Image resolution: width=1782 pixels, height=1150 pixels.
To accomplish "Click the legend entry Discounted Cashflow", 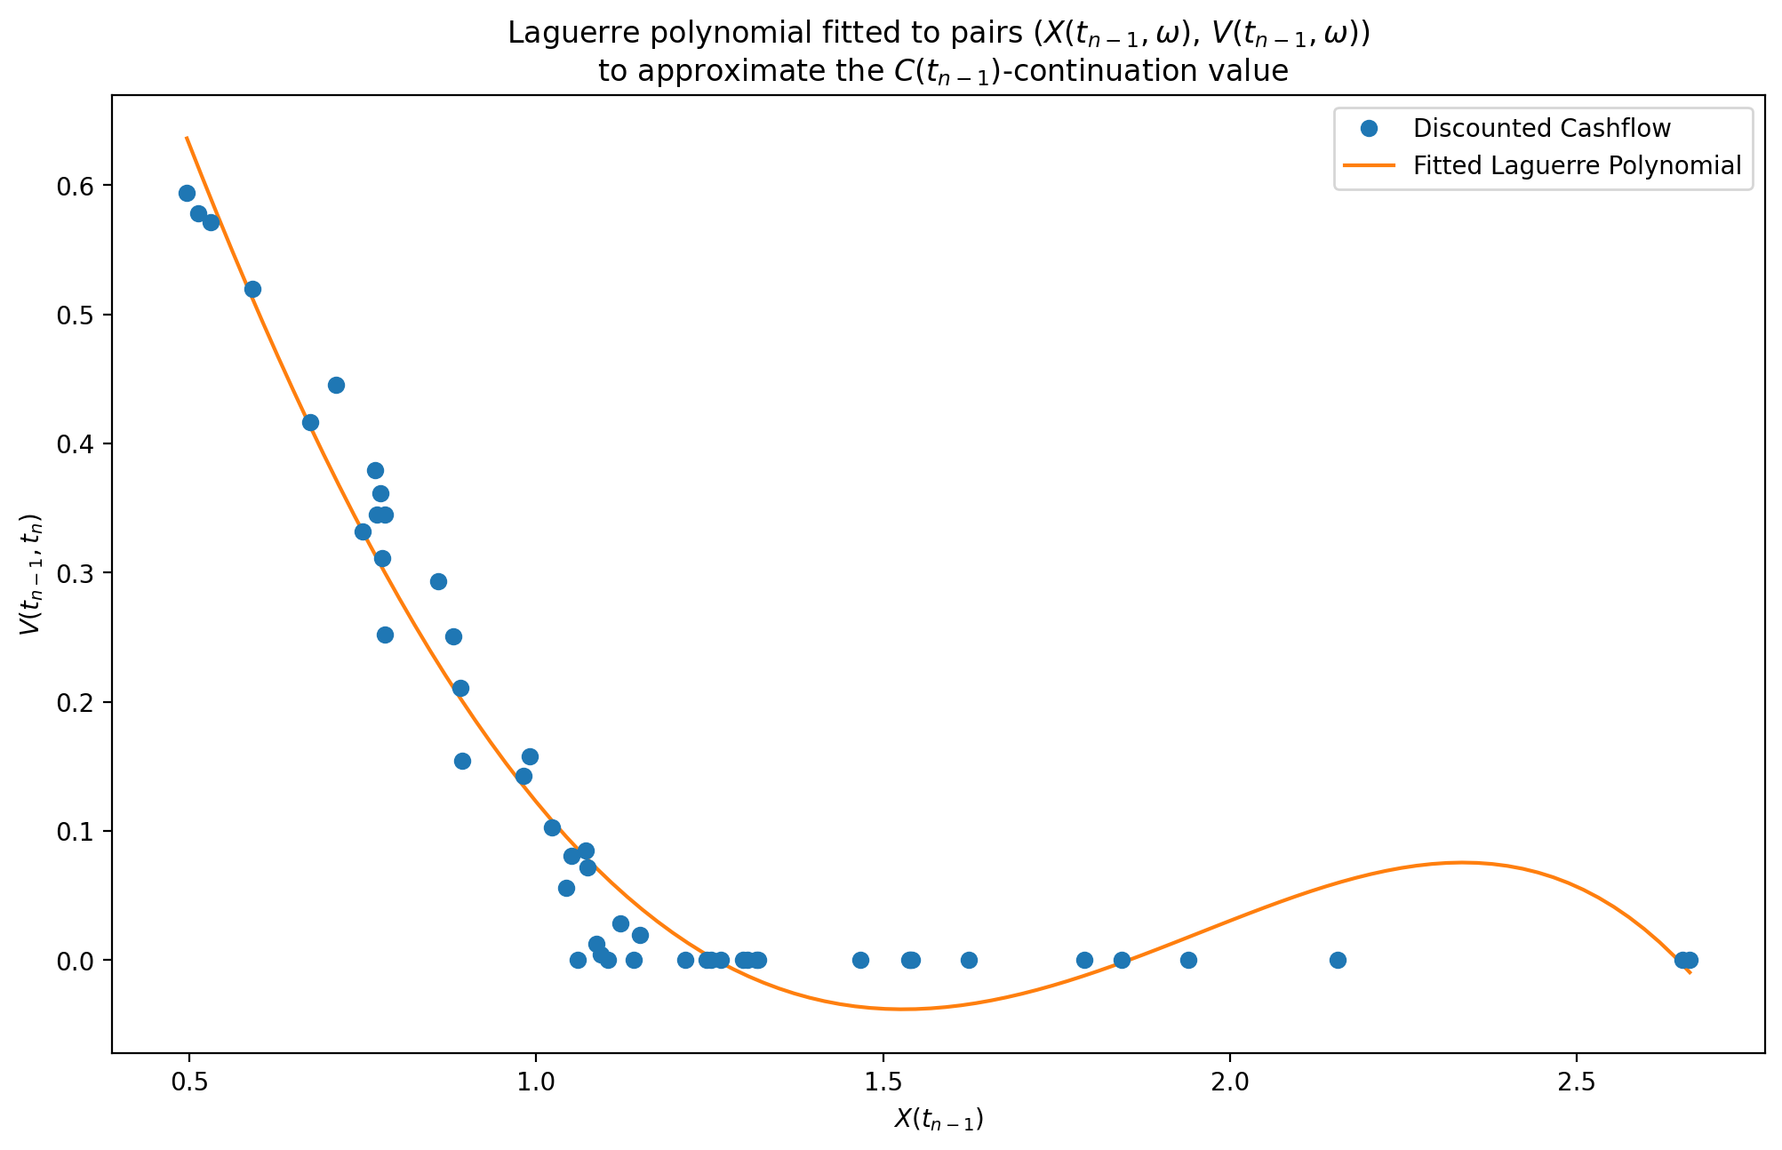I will [1541, 129].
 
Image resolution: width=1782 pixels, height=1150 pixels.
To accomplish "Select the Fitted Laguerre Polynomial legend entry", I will [1577, 166].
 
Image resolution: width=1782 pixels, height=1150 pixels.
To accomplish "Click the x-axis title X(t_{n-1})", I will [939, 1120].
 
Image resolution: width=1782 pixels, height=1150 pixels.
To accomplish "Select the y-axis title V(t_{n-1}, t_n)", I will [31, 574].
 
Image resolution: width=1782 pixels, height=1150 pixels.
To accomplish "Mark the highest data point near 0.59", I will [187, 194].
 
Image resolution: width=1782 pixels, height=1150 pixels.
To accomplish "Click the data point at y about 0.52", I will [252, 289].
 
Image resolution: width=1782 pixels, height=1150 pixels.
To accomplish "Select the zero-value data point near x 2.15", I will [1338, 960].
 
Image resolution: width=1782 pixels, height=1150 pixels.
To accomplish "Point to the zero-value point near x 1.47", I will [860, 960].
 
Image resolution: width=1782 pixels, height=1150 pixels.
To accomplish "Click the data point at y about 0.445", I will [336, 385].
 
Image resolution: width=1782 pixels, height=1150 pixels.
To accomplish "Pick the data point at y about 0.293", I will [438, 581].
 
